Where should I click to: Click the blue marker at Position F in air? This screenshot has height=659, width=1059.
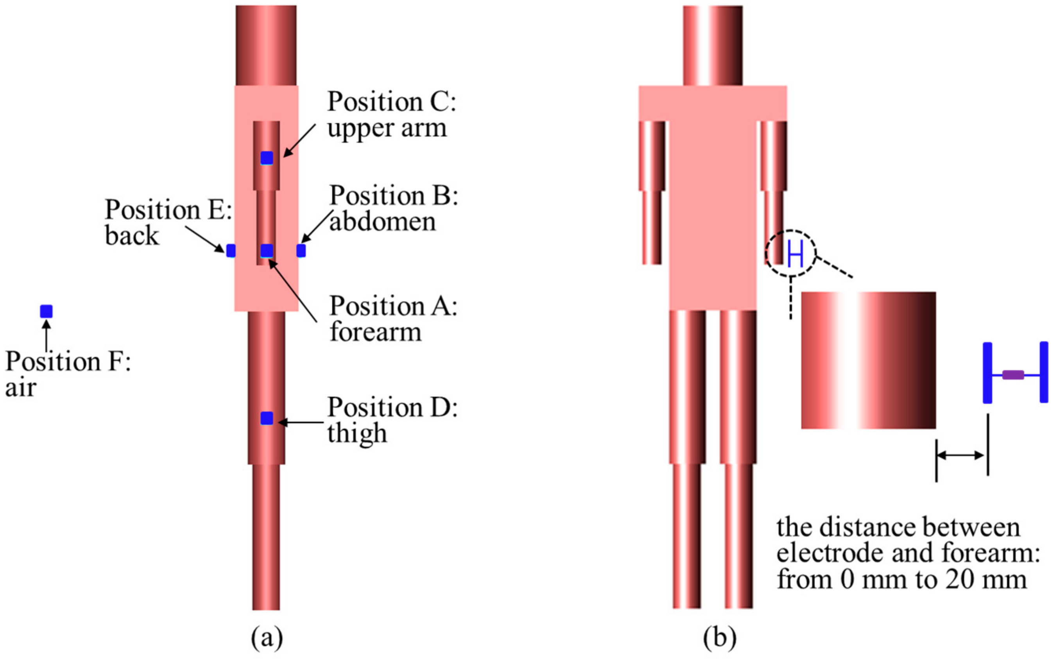click(46, 311)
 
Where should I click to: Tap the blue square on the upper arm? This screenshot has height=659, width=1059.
click(267, 158)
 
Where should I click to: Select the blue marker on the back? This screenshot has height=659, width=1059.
click(231, 251)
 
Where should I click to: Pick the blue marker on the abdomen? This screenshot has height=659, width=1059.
click(301, 251)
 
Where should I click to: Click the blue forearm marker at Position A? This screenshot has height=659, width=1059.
click(267, 251)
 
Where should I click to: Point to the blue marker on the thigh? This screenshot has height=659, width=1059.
click(267, 418)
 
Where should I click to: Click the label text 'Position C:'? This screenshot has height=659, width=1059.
click(391, 102)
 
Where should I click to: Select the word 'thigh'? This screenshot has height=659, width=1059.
click(357, 434)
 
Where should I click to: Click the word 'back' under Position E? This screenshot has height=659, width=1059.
click(132, 236)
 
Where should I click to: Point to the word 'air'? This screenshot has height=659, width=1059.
click(20, 387)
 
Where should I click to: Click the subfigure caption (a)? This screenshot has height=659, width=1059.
click(267, 638)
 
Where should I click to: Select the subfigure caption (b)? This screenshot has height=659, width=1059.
click(720, 638)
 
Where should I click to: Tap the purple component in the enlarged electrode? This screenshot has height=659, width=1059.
click(1013, 375)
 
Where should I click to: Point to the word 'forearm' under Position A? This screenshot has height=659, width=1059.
click(376, 332)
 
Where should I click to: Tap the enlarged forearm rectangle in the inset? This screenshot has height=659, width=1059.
click(868, 360)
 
